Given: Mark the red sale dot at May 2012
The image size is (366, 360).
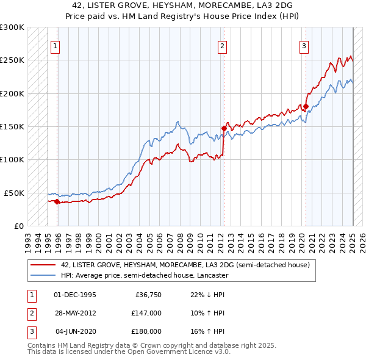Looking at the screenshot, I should click(224, 129).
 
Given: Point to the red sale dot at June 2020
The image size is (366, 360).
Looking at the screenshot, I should click(306, 107).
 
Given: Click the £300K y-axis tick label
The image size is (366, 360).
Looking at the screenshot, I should click(12, 27).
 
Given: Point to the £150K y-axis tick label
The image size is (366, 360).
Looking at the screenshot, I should click(12, 127).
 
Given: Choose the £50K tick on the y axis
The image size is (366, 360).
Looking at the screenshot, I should click(14, 193).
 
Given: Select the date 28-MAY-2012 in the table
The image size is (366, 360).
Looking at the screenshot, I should click(75, 313).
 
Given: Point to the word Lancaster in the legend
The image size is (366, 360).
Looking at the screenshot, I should click(212, 275).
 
